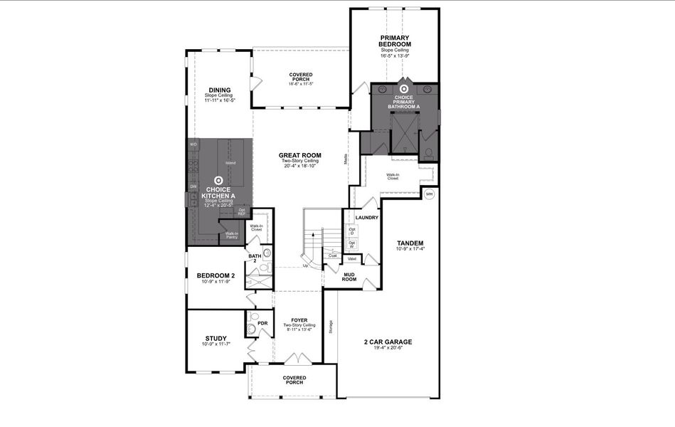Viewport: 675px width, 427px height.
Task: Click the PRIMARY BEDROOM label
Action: point(395,41)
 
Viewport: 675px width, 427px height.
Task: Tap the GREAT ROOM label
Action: point(299,155)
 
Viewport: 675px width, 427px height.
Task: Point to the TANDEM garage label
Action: point(410,242)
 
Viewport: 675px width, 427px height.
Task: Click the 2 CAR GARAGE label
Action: point(388,342)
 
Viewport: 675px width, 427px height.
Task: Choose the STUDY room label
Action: point(216,338)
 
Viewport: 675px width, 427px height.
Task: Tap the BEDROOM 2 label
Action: point(216,275)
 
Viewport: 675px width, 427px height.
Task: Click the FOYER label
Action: point(299,320)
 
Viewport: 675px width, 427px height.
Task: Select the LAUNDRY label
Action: point(361,217)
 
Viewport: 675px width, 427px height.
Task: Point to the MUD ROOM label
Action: point(349,277)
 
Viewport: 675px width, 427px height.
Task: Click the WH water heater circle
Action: point(429,194)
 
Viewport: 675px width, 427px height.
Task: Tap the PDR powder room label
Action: point(262,323)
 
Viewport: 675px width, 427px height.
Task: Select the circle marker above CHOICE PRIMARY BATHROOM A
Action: point(404,90)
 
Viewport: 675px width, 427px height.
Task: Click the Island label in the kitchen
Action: point(230,163)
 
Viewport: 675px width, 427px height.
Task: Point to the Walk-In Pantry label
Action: point(232,236)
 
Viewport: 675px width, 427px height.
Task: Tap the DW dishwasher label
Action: point(193,186)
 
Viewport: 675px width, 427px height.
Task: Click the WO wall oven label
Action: point(193,144)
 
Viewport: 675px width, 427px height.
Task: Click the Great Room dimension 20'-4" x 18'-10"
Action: point(299,167)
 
